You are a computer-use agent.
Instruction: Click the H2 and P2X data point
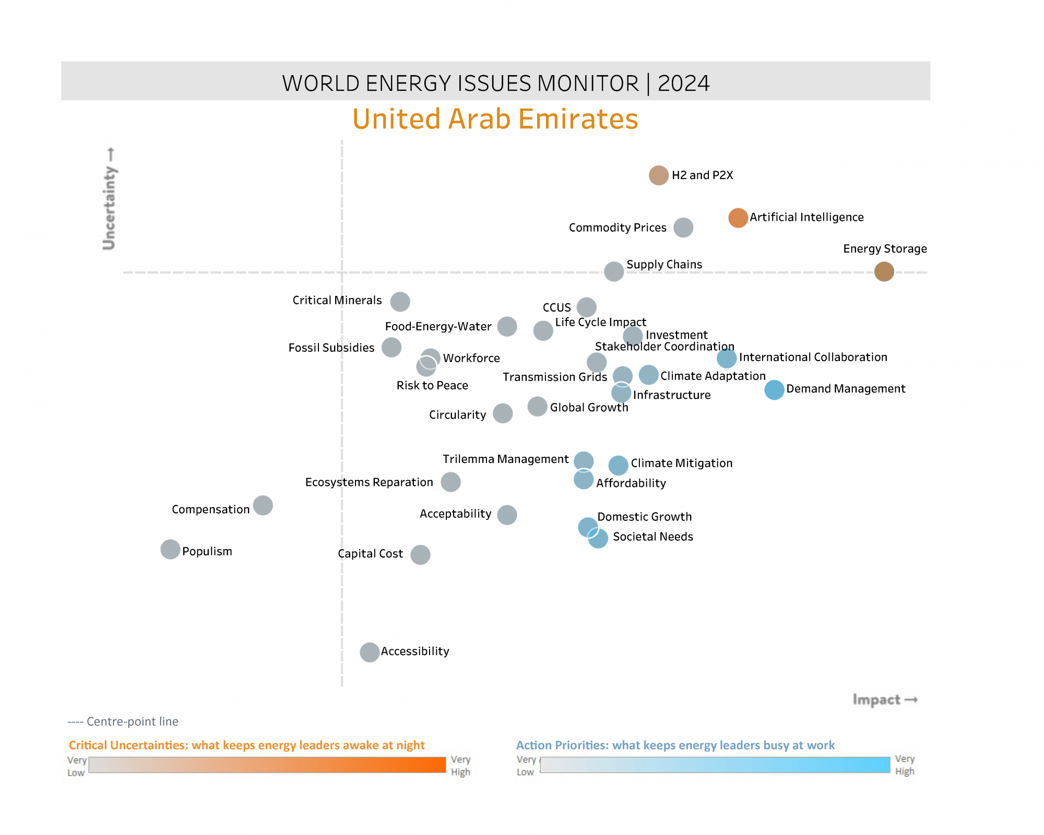[659, 175]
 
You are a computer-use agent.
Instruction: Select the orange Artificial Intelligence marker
[738, 218]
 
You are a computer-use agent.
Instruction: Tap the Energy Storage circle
[884, 271]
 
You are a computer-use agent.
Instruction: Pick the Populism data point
[170, 550]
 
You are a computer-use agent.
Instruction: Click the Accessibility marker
[370, 652]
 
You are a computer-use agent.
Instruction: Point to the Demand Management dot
[774, 390]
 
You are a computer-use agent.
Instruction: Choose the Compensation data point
[263, 505]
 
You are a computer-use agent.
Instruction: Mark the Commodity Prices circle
[683, 228]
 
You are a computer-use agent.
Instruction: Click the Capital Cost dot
[420, 555]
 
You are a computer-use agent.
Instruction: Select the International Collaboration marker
[726, 358]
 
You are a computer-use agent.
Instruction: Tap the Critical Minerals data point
[400, 301]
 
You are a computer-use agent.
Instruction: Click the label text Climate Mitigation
[681, 463]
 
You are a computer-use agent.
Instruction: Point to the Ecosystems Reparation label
[369, 482]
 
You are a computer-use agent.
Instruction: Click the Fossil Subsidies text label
[331, 348]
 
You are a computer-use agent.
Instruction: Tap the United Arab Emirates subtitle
[495, 119]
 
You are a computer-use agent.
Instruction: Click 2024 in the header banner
[683, 83]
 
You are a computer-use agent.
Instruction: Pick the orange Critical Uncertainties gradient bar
[267, 765]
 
